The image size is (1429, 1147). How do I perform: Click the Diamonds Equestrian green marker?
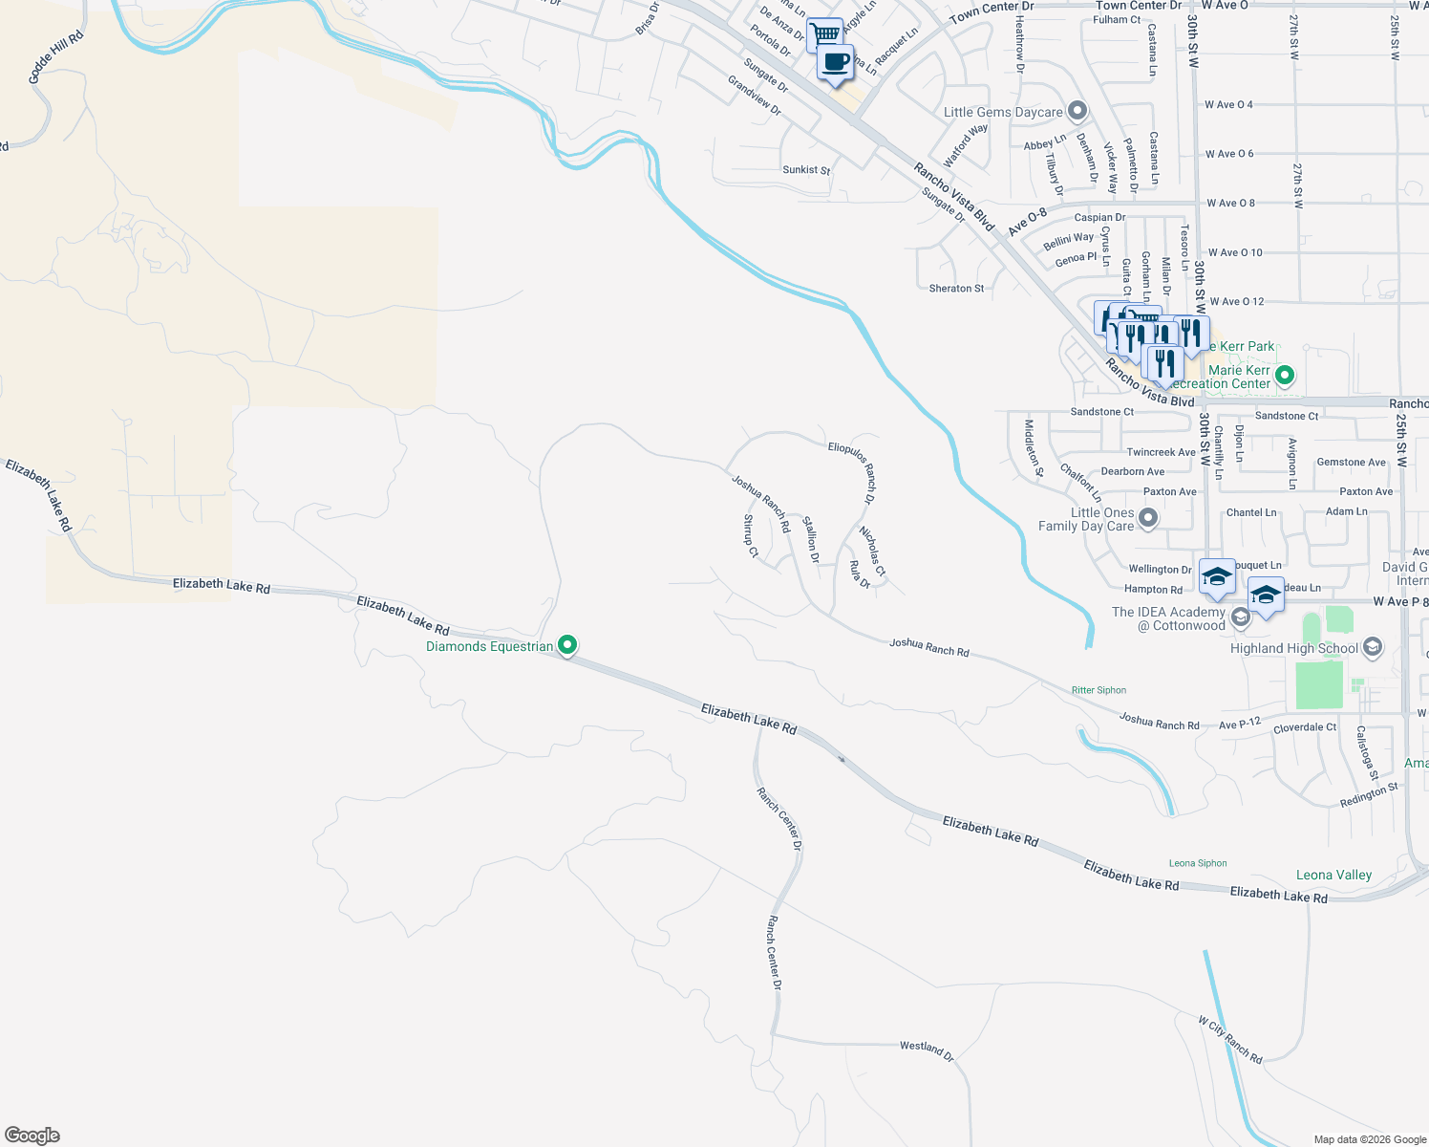567,646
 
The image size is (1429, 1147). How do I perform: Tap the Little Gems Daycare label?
1003,112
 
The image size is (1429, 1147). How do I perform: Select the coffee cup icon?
836,63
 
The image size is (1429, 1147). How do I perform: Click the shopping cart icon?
824,35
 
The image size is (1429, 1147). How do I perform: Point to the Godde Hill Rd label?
55,57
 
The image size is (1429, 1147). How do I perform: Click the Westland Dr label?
927,1050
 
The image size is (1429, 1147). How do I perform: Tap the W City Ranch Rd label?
1230,1040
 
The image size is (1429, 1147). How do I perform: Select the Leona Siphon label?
1198,863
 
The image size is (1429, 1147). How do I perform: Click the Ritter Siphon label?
1098,690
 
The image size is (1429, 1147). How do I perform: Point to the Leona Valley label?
1333,875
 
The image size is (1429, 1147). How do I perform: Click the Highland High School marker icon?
1373,647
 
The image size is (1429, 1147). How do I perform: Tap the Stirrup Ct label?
751,536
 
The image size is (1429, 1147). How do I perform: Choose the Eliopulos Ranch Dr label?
852,472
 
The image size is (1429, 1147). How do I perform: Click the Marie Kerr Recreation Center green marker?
1286,376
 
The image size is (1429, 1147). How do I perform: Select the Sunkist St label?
806,170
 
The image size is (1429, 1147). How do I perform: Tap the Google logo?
32,1136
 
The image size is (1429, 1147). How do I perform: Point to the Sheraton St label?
956,288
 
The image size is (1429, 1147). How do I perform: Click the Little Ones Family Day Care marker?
1148,518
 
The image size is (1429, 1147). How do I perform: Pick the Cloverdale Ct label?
1305,728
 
